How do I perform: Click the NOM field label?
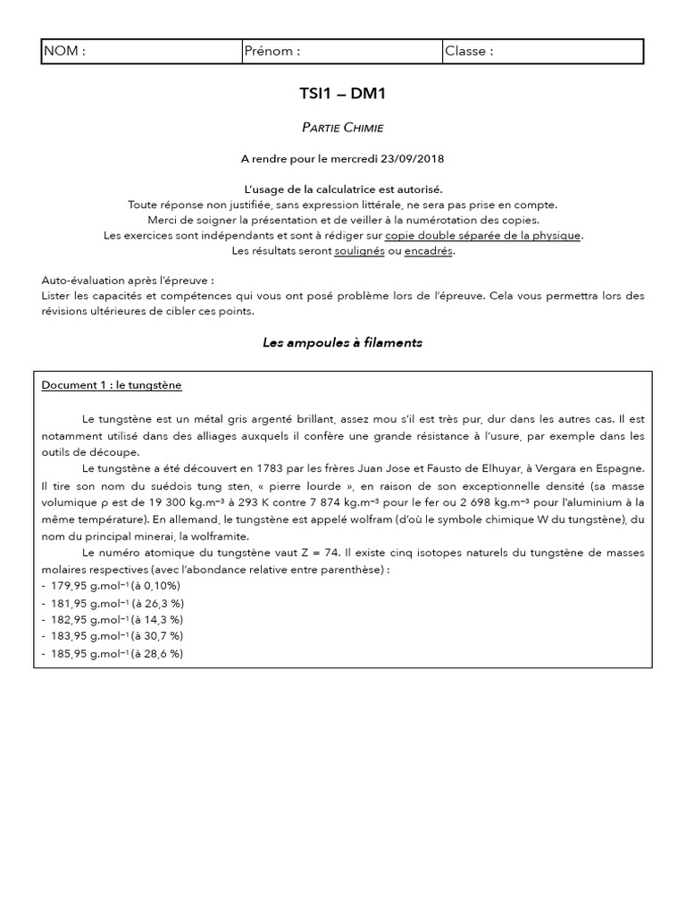[64, 51]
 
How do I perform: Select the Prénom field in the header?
[272, 51]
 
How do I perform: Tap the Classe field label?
[469, 51]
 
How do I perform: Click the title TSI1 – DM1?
[342, 94]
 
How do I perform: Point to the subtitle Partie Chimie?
[342, 129]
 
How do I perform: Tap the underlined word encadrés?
[429, 251]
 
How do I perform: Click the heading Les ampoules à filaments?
[342, 342]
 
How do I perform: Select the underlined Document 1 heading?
[112, 385]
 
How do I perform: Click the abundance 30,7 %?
[163, 636]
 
